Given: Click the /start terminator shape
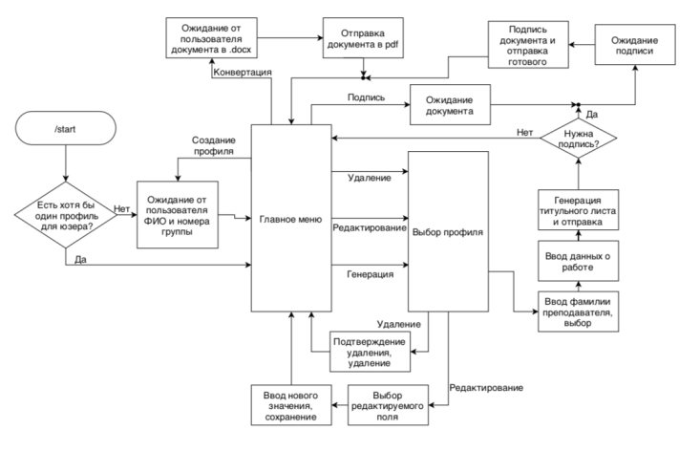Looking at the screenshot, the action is (66, 128).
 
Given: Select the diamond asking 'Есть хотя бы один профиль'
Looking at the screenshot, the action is (66, 215).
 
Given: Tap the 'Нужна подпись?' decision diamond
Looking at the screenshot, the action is (579, 138).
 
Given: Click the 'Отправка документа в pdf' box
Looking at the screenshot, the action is (363, 38).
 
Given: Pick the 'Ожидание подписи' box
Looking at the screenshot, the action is (635, 45).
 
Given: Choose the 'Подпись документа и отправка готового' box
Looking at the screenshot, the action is (528, 45).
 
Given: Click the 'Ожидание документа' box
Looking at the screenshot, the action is (450, 104).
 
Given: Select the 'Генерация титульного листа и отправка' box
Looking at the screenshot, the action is (578, 210).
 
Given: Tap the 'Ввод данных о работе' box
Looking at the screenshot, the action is (578, 261).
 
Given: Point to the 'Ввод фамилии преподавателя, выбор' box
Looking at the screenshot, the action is (578, 311).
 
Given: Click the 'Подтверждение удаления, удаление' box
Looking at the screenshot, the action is (371, 352).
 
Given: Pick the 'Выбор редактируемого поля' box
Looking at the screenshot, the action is (388, 405).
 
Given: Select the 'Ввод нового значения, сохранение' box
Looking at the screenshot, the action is (291, 405).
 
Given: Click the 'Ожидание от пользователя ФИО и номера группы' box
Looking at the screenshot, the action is (178, 215).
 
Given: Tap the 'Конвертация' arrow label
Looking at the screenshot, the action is (243, 72).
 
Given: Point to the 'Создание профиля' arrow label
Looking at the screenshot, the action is (214, 145).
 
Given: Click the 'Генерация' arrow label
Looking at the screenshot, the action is (371, 274).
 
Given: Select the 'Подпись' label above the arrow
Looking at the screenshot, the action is (366, 97).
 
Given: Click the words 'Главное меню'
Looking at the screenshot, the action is (290, 219).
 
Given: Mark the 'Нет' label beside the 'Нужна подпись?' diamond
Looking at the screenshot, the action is (524, 132).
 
